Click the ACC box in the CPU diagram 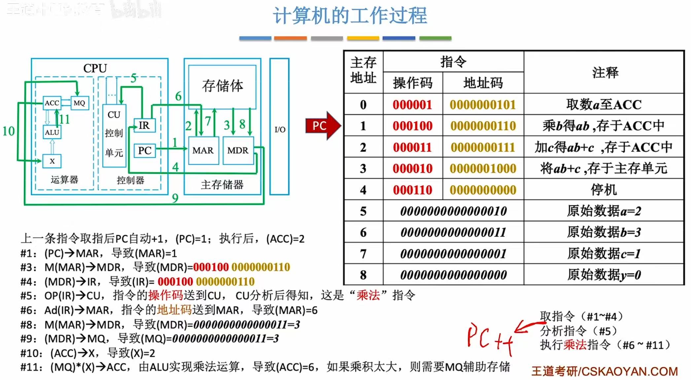52,103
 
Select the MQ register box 79,103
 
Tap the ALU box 52,132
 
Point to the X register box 52,161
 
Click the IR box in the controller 144,126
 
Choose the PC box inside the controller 145,151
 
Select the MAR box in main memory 203,151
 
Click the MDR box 238,151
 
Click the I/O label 280,130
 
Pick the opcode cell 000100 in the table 412,126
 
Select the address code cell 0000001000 483,168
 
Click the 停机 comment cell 604,190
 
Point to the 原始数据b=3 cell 604,232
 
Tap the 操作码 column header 412,83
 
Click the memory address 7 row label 363,254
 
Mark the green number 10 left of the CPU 9,131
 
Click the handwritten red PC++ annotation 490,338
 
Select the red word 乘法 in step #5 368,295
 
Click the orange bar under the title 290,38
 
